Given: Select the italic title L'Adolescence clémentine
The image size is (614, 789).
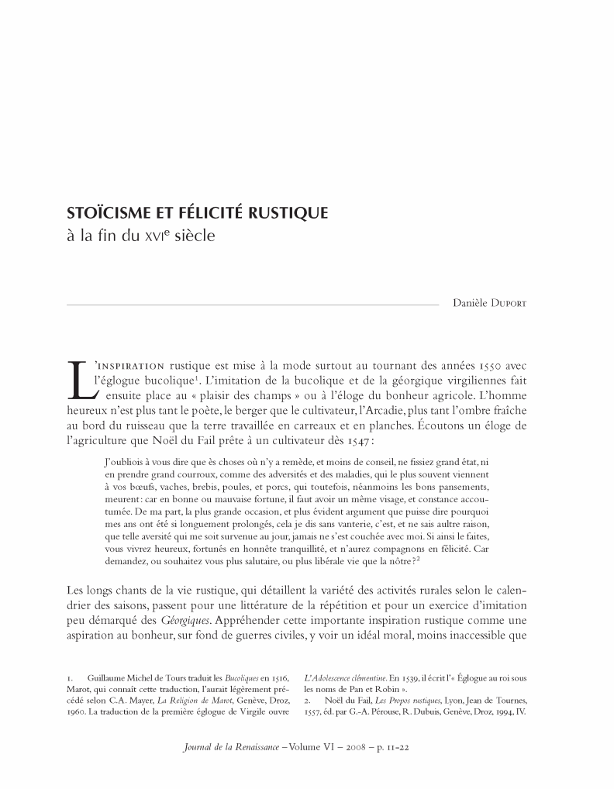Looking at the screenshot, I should coord(340,678).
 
